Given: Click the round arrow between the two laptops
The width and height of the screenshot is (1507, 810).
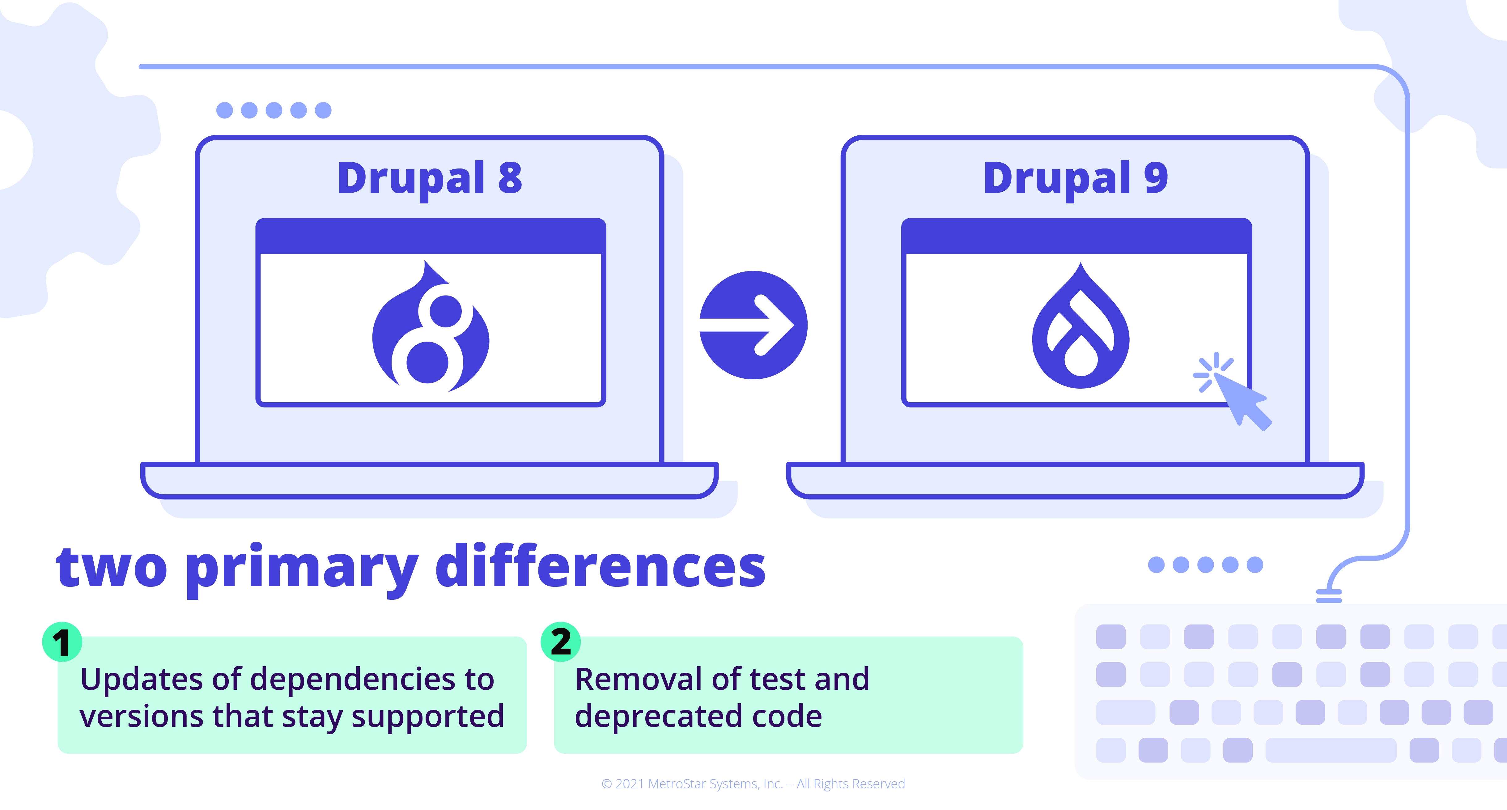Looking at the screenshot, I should (x=753, y=325).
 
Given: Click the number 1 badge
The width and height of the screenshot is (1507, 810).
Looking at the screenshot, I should (x=62, y=642).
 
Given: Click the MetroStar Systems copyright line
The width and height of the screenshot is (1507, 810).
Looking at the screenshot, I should (x=753, y=784).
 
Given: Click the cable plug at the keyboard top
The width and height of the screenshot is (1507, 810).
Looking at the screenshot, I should (x=1329, y=595).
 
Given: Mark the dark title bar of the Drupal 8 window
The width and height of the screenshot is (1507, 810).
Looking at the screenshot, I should (x=431, y=237).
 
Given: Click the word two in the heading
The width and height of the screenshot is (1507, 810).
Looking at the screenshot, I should (x=111, y=566).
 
